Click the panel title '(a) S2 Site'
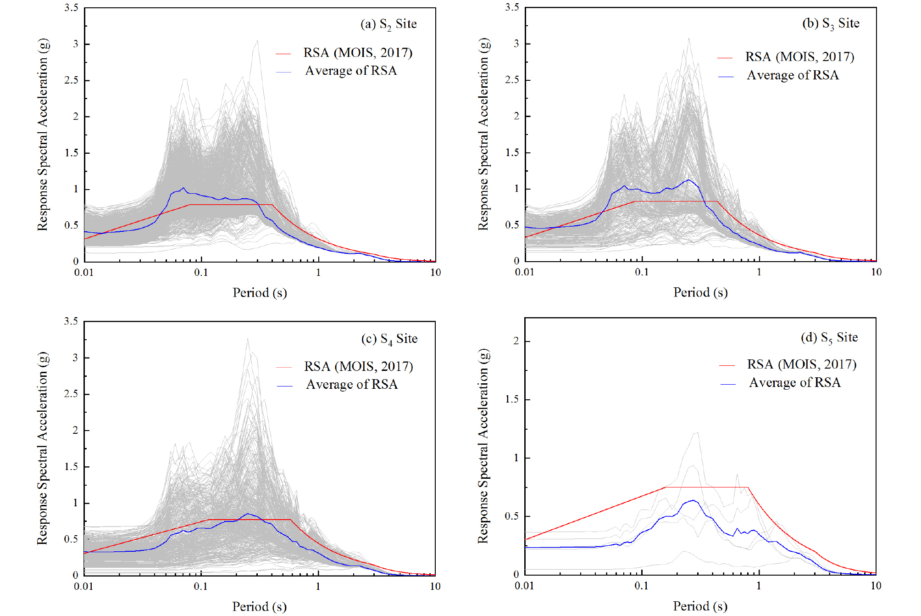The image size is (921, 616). (x=388, y=24)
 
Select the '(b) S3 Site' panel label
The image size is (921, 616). (x=831, y=23)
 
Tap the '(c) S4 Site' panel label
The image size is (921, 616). (x=389, y=339)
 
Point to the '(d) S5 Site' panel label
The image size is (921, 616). (x=829, y=337)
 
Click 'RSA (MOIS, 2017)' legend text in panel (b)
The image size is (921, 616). (x=799, y=57)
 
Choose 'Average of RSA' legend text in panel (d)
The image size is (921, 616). (x=795, y=382)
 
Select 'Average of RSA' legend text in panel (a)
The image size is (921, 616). (x=351, y=71)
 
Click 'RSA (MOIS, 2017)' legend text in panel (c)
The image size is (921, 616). (x=358, y=366)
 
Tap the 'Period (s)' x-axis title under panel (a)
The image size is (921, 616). (x=260, y=292)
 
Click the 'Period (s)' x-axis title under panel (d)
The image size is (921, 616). (x=700, y=606)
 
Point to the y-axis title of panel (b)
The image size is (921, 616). (x=483, y=134)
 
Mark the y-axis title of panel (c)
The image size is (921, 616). (x=43, y=448)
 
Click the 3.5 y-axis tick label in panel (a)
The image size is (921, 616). (x=72, y=8)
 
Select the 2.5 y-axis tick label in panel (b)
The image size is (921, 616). (x=512, y=80)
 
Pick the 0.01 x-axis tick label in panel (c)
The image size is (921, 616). (x=83, y=586)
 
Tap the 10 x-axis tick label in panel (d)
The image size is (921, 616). (x=876, y=586)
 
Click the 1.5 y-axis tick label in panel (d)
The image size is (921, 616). (x=512, y=399)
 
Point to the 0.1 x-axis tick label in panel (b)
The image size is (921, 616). (x=642, y=272)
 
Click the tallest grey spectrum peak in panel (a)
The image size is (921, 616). (x=257, y=40)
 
